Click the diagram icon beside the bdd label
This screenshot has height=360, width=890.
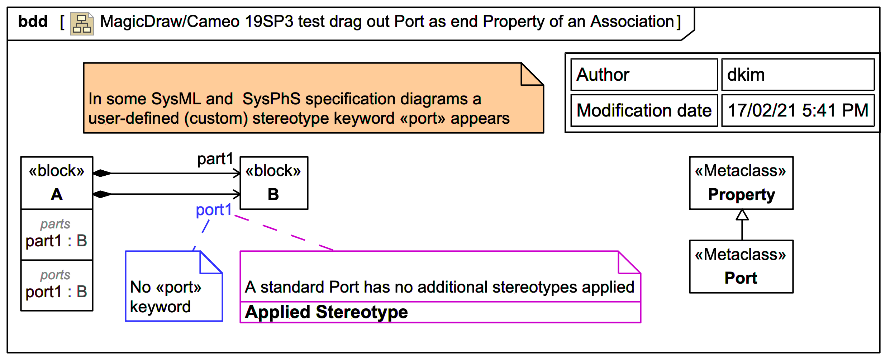[82, 24]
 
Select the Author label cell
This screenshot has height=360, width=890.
[644, 75]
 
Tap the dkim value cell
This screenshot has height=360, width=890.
[798, 75]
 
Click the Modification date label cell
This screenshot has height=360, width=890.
[644, 110]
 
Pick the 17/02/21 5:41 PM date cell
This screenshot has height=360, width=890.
[798, 110]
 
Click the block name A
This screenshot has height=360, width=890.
[57, 195]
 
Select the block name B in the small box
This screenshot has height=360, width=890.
[273, 195]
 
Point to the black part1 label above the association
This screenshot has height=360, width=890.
[215, 159]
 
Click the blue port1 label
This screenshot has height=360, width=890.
[214, 210]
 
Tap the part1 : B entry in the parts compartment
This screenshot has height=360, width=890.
[56, 241]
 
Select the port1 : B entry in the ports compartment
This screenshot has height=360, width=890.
[56, 292]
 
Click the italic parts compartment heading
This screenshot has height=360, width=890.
[55, 224]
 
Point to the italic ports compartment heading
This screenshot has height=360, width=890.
[55, 275]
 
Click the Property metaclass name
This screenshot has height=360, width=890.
[741, 195]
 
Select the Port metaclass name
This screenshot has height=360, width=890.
[741, 278]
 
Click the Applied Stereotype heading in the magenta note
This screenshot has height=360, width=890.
[326, 312]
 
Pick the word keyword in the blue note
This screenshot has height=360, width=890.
[160, 307]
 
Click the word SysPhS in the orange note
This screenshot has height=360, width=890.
[271, 99]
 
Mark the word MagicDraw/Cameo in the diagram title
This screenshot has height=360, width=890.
[170, 22]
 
